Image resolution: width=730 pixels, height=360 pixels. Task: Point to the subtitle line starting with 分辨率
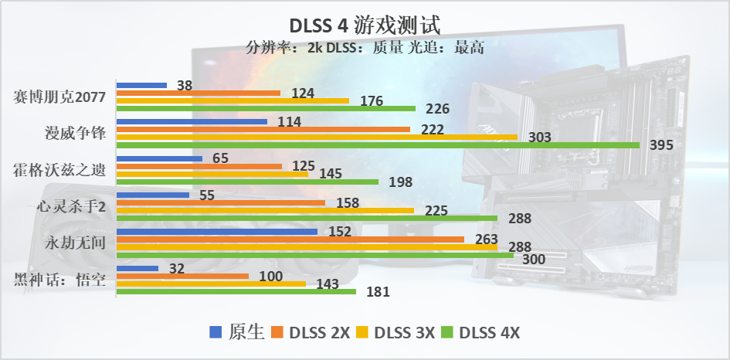point(365,48)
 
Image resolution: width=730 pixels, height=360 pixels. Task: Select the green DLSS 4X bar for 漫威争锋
point(378,145)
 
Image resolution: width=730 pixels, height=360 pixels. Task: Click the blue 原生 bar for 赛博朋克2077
point(141,85)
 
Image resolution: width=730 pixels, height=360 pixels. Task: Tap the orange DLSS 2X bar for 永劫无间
point(290,239)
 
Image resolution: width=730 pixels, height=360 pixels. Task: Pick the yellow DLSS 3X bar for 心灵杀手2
point(265,210)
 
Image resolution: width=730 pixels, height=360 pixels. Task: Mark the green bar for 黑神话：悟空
point(236,292)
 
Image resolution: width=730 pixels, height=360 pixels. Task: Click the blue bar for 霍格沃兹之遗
point(159,158)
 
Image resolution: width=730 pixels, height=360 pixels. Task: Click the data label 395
point(662,145)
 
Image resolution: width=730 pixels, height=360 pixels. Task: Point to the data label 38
point(185,86)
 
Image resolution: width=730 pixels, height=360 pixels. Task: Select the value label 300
point(535,260)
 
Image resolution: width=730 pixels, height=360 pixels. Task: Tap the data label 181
point(378,292)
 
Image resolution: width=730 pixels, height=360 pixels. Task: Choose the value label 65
point(220,158)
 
